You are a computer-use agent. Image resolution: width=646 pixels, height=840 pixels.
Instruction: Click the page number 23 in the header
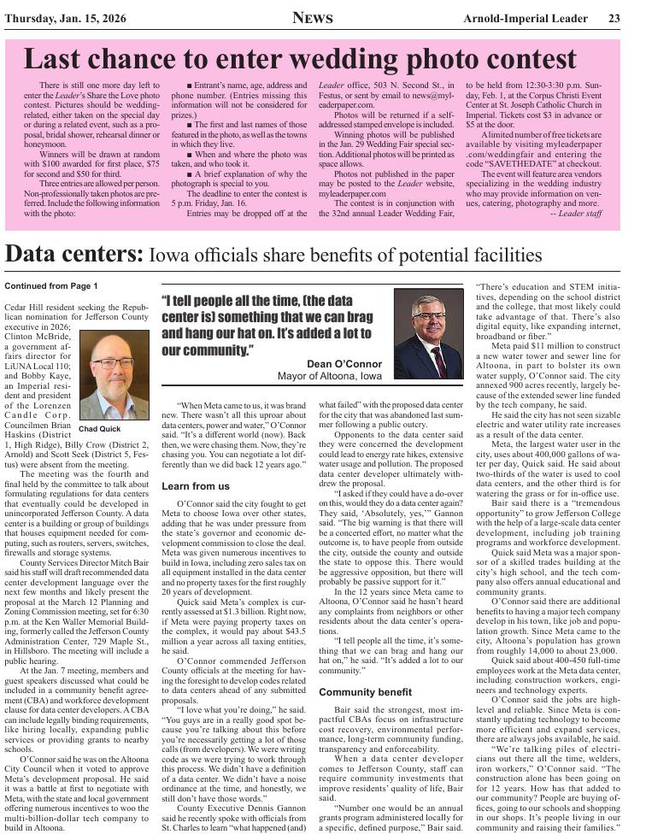614,19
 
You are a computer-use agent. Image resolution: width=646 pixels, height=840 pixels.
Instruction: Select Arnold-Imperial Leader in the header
527,19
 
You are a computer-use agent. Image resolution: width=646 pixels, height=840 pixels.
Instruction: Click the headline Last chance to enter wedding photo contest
300,59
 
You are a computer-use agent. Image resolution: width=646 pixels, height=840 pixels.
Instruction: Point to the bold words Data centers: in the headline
73,254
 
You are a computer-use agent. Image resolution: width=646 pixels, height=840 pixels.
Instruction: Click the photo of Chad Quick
114,377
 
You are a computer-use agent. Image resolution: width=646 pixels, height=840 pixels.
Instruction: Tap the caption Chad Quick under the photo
99,429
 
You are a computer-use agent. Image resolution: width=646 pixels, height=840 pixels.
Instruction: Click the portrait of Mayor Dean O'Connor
428,333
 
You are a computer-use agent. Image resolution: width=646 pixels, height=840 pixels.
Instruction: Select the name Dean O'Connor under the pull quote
344,363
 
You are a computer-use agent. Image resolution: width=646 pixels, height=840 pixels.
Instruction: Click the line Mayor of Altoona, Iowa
330,376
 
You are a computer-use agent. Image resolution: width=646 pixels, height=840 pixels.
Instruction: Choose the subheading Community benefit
365,691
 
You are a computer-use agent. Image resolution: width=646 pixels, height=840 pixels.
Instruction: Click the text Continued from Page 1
51,285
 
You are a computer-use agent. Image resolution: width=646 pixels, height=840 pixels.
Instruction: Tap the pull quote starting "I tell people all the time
267,326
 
